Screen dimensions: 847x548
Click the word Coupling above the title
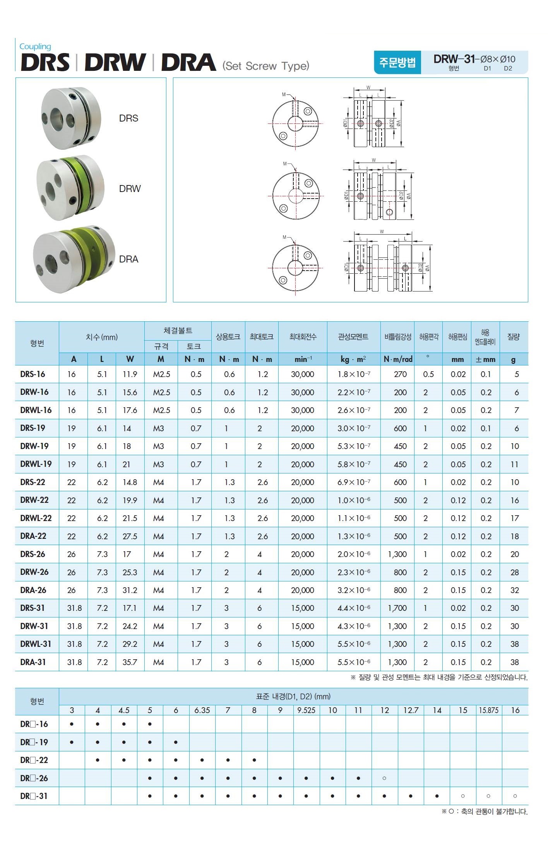(x=35, y=46)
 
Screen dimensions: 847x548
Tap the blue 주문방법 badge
(x=397, y=62)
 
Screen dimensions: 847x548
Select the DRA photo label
(x=128, y=259)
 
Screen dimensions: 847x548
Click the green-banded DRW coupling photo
(x=70, y=188)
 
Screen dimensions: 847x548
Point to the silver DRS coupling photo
(x=71, y=118)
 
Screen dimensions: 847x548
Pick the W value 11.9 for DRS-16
(x=130, y=374)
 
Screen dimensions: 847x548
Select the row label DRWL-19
(x=36, y=464)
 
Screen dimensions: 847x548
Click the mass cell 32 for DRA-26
(x=514, y=590)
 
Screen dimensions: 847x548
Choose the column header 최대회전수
(x=303, y=337)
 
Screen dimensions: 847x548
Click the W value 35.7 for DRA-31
(x=130, y=662)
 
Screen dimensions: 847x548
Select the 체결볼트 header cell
(x=178, y=331)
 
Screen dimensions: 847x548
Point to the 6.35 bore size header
(x=202, y=710)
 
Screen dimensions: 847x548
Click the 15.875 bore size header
(x=488, y=710)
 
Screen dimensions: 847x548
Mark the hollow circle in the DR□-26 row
(x=384, y=778)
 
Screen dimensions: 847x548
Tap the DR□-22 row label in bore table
(x=34, y=760)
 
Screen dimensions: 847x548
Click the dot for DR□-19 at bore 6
(x=176, y=742)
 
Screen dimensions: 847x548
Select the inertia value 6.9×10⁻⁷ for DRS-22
(x=354, y=482)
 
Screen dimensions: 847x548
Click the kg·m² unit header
(x=353, y=359)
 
